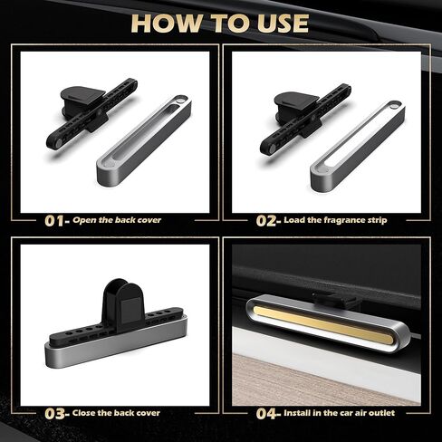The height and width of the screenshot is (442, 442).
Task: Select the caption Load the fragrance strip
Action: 340,219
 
